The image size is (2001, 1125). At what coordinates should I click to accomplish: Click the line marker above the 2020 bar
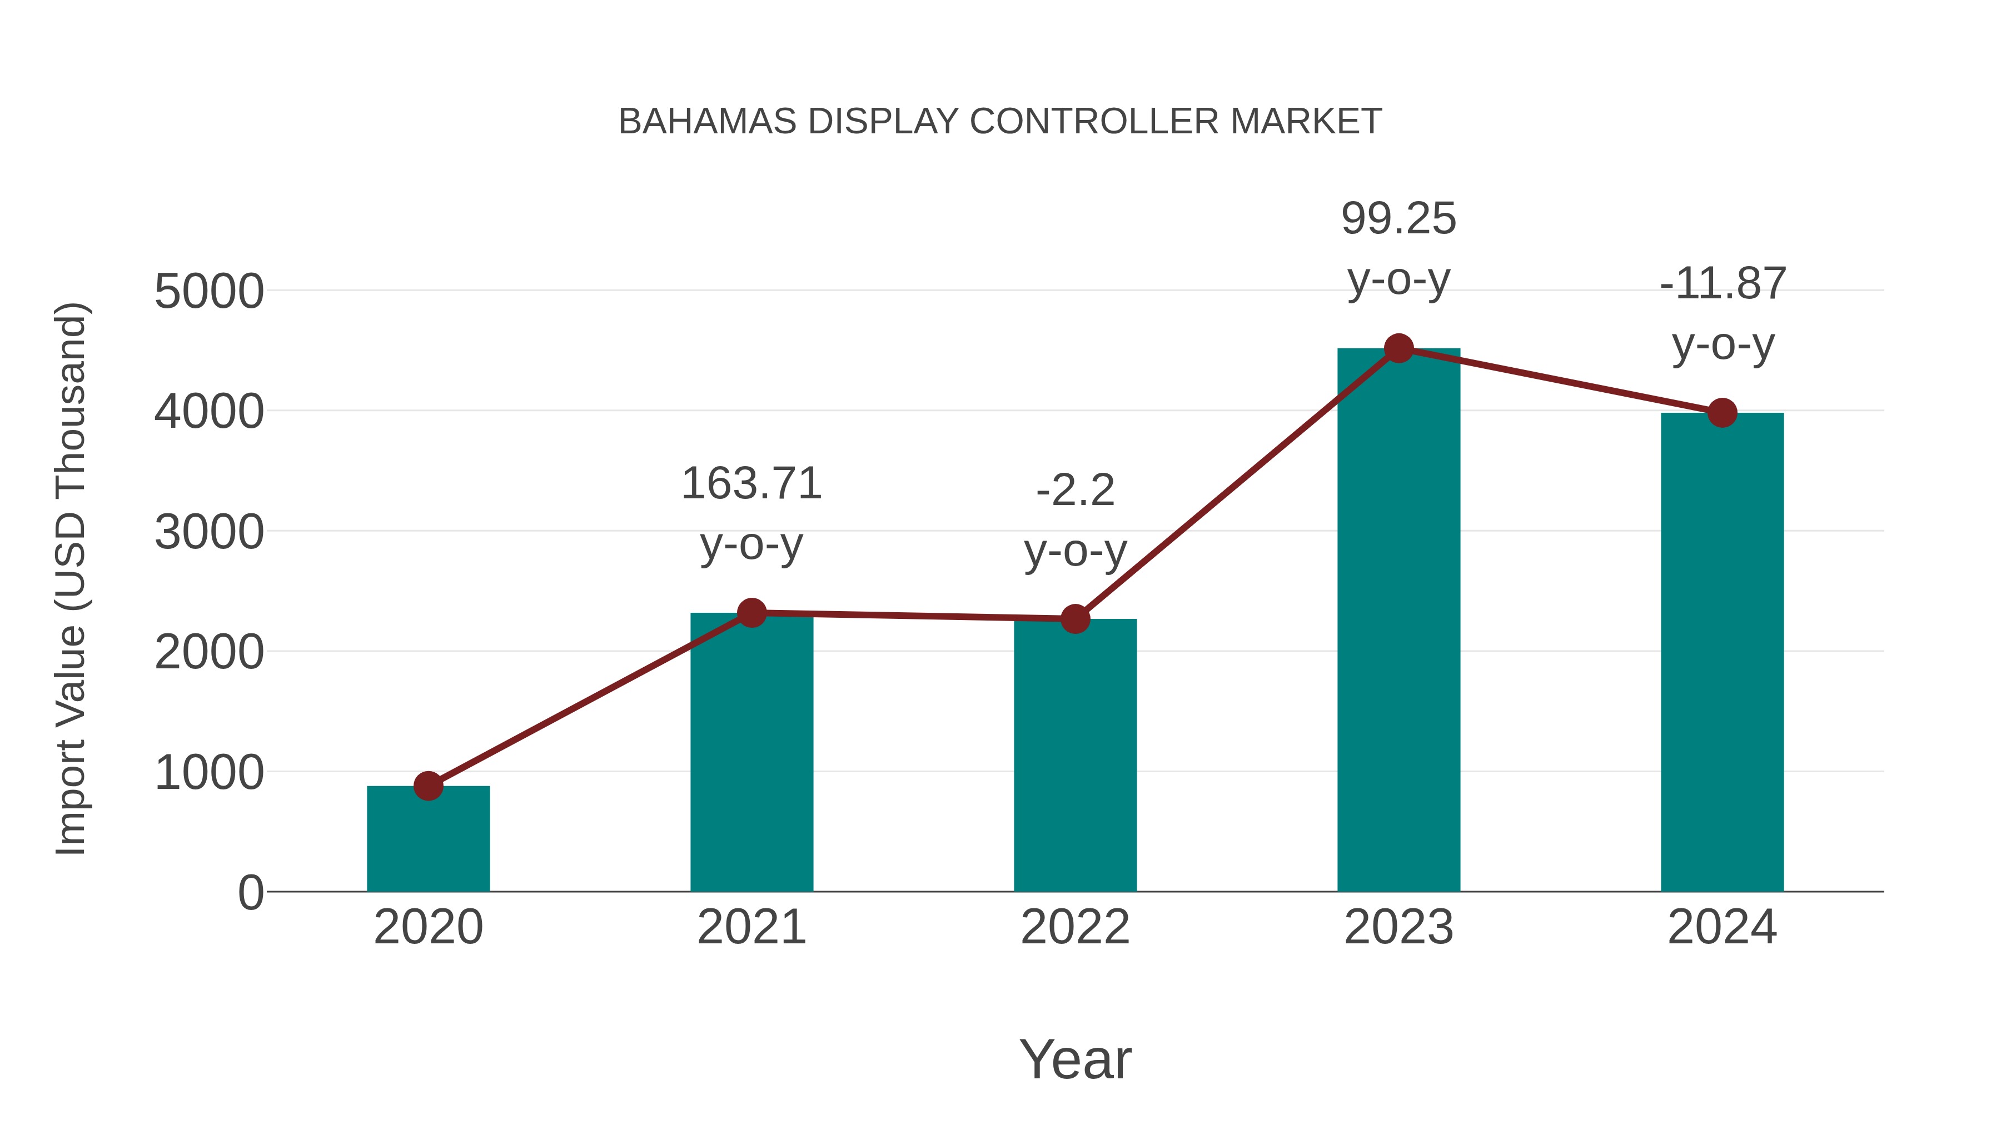[428, 786]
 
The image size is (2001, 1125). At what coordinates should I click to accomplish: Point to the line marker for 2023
[1398, 348]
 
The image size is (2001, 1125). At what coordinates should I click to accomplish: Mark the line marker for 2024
[1722, 413]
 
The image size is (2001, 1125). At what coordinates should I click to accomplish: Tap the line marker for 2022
[1075, 619]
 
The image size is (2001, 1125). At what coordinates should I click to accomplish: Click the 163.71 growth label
[751, 484]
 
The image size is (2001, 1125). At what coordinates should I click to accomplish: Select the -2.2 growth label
[1075, 490]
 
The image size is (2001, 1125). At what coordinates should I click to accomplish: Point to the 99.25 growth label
[1398, 218]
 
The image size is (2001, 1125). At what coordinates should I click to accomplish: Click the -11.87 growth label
[1722, 283]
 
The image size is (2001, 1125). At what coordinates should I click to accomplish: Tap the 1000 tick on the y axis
[209, 773]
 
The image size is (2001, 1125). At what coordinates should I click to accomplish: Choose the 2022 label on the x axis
[1075, 927]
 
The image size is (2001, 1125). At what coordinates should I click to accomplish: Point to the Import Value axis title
[71, 578]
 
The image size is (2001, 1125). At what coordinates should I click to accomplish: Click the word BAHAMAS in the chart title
[707, 122]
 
